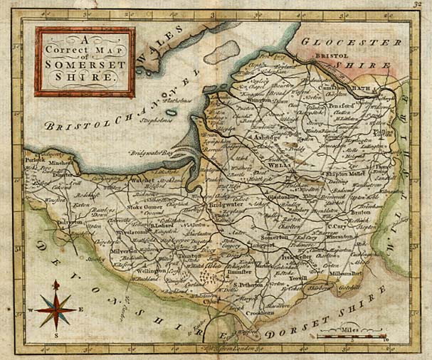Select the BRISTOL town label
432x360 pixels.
330,55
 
